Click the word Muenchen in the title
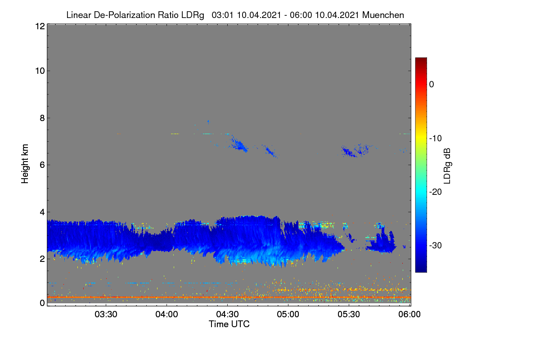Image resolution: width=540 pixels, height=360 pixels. (x=383, y=15)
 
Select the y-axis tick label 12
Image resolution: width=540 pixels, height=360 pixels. (x=40, y=26)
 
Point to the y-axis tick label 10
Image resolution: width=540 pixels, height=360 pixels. (x=40, y=71)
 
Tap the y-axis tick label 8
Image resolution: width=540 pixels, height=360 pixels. (x=42, y=118)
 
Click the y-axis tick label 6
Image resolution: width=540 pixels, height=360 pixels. (x=42, y=165)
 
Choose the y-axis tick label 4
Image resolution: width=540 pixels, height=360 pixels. (x=42, y=212)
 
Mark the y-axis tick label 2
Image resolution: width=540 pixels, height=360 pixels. (x=42, y=259)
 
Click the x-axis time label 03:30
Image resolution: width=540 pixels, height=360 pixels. (x=106, y=315)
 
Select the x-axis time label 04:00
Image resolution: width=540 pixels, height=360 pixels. (x=166, y=315)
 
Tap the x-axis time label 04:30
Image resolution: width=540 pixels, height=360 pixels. (x=227, y=315)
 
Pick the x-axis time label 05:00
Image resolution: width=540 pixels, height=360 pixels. (x=288, y=315)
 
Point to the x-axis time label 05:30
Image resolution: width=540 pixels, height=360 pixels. (x=349, y=315)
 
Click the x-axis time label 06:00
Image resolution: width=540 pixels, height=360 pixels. (x=409, y=315)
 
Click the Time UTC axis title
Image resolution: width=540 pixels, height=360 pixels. (x=229, y=324)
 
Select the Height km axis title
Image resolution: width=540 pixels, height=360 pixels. (x=25, y=164)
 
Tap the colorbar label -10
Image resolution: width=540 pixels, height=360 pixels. (x=436, y=139)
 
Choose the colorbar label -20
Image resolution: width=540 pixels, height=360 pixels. (x=436, y=192)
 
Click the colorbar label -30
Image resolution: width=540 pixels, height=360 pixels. (x=436, y=245)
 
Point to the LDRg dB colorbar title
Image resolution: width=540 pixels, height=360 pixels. (x=447, y=166)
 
